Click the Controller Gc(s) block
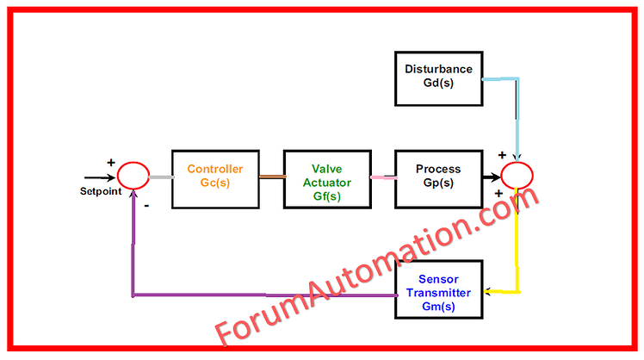click(215, 178)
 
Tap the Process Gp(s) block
click(437, 178)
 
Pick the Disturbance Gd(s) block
click(438, 75)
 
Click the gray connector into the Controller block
click(160, 177)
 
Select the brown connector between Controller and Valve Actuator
click(271, 177)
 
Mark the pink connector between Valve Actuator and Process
click(381, 177)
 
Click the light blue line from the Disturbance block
click(517, 112)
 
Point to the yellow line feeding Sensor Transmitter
click(517, 250)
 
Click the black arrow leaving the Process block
click(492, 177)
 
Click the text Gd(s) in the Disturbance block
click(438, 83)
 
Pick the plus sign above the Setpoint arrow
click(110, 161)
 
